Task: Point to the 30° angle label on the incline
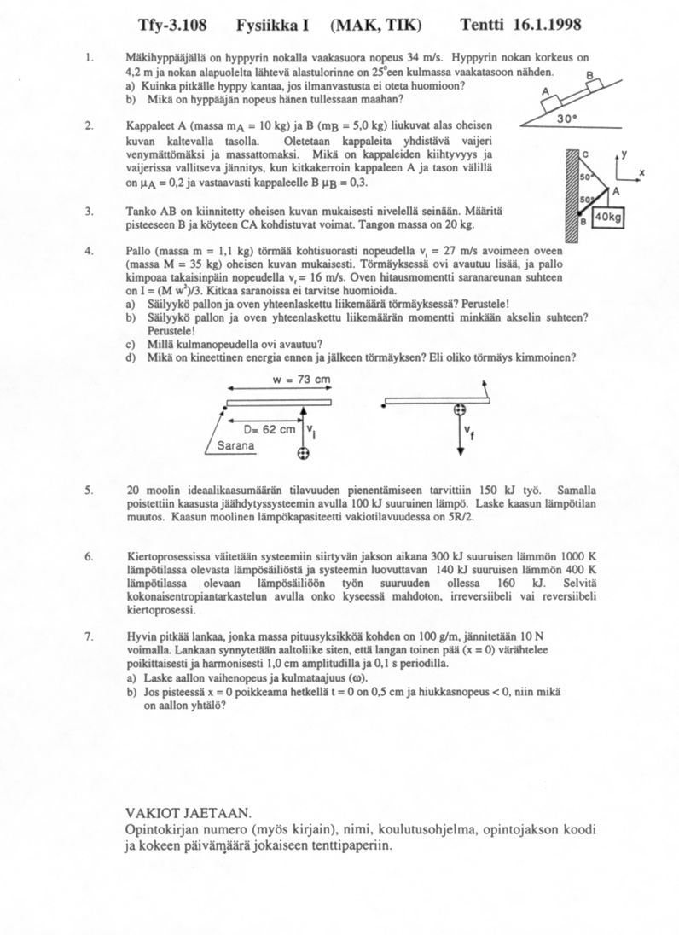point(569,120)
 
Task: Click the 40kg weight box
point(610,218)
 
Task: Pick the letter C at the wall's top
point(584,153)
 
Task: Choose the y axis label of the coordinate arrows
point(624,154)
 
